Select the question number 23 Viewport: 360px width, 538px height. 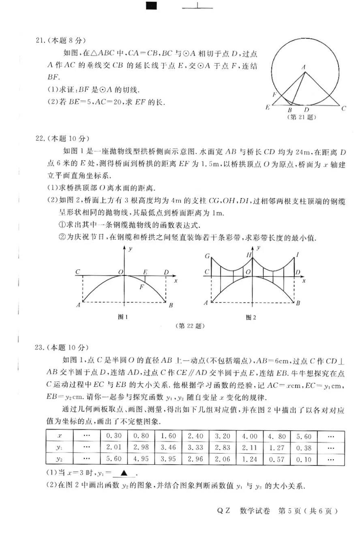click(x=40, y=347)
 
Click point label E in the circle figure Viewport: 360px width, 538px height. click(x=267, y=107)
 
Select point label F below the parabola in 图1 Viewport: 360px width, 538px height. click(x=141, y=287)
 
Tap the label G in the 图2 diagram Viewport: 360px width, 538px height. click(x=207, y=256)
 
